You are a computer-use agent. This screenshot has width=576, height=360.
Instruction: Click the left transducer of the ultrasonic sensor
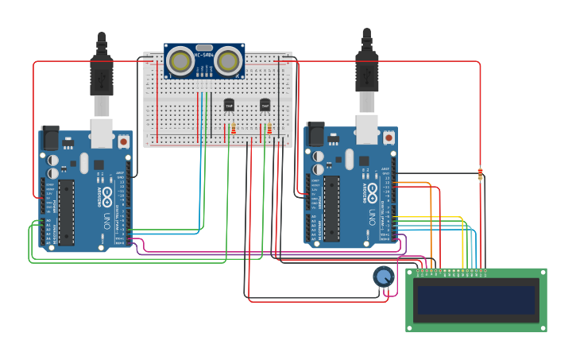[180, 60]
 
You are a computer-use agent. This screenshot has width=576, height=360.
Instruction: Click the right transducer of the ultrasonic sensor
[228, 60]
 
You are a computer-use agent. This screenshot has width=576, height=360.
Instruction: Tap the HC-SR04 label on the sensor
[204, 55]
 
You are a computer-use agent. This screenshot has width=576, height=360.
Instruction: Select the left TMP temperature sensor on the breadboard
[229, 105]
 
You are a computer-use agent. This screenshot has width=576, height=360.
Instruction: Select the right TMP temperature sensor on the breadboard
[265, 105]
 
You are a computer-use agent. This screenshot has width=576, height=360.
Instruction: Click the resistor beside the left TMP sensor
[233, 130]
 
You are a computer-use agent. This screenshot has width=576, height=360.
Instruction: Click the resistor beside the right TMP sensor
[269, 130]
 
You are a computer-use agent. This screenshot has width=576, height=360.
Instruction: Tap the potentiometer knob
[384, 277]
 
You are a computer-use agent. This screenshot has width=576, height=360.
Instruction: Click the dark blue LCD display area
[476, 300]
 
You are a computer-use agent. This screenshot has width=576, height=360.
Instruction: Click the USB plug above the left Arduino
[102, 75]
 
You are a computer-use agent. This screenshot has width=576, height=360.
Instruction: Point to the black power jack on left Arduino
[50, 137]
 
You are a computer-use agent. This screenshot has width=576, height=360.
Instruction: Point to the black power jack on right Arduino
[315, 134]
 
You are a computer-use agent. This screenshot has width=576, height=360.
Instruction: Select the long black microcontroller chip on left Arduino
[67, 211]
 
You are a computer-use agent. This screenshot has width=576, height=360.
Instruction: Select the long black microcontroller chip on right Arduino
[331, 208]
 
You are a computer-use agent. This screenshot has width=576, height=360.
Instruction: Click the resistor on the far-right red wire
[480, 174]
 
